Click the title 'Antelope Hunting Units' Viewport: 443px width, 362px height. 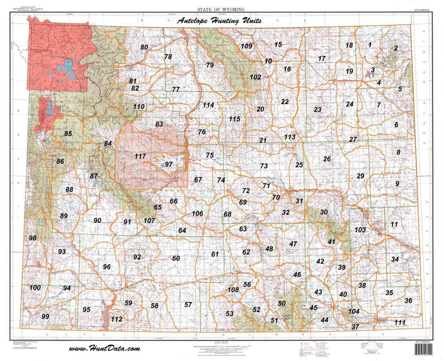pyautogui.click(x=219, y=21)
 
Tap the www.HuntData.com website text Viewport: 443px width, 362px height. pyautogui.click(x=104, y=348)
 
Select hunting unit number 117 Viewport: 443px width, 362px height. pyautogui.click(x=140, y=156)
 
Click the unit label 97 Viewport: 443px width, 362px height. pyautogui.click(x=168, y=164)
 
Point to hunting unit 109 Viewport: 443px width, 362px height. pyautogui.click(x=246, y=46)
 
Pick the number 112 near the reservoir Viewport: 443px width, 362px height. pyautogui.click(x=117, y=319)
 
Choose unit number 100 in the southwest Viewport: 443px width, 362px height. pyautogui.click(x=35, y=288)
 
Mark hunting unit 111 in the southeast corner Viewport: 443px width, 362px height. pyautogui.click(x=400, y=322)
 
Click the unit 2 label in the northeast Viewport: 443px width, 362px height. pyautogui.click(x=396, y=48)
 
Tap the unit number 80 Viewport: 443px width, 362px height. pyautogui.click(x=144, y=47)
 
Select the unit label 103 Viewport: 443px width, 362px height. pyautogui.click(x=360, y=230)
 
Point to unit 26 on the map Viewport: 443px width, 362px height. pyautogui.click(x=327, y=159)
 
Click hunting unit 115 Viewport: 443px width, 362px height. pyautogui.click(x=235, y=119)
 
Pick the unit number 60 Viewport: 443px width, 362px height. pyautogui.click(x=176, y=258)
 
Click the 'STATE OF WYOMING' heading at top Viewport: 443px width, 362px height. pyautogui.click(x=221, y=9)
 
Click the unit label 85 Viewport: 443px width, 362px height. pyautogui.click(x=68, y=134)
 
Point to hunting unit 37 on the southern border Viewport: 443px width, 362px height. pyautogui.click(x=355, y=327)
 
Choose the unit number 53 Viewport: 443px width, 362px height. pyautogui.click(x=230, y=314)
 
